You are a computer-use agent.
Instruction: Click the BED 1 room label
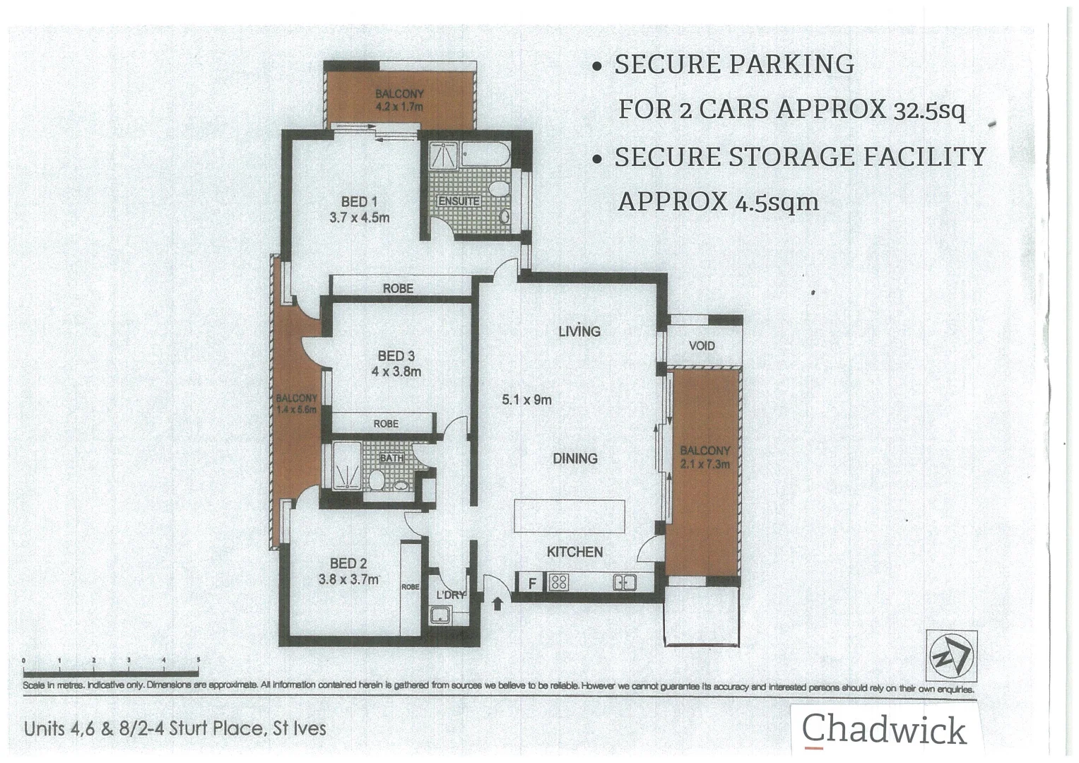point(359,202)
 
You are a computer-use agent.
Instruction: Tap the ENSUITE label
point(459,201)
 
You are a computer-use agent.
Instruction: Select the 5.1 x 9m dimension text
point(526,400)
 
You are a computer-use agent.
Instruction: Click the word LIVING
point(579,331)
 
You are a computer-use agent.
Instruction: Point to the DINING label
point(574,459)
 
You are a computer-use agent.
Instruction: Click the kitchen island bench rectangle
point(569,516)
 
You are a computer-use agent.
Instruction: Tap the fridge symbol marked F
point(533,584)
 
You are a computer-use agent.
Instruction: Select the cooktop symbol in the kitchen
point(558,583)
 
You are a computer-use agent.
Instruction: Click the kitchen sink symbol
point(625,583)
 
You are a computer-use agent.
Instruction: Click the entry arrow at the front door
point(497,603)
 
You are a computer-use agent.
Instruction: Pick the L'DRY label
point(450,595)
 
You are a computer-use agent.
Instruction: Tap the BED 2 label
point(348,564)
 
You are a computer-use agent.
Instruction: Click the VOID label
point(702,346)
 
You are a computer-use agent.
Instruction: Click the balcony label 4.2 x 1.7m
point(399,100)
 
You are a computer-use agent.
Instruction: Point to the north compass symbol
point(951,655)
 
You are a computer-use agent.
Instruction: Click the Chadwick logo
point(883,730)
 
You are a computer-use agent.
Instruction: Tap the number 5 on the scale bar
point(199,661)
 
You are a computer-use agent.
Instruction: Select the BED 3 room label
point(396,357)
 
